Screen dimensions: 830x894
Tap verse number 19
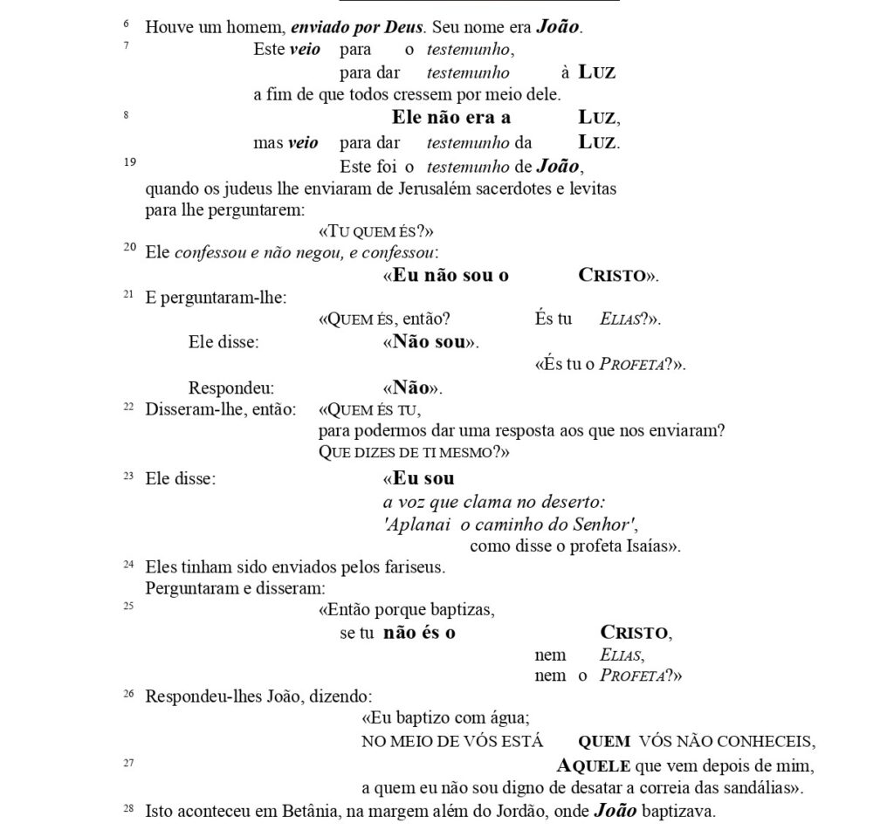[128, 161]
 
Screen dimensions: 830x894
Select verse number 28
[128, 807]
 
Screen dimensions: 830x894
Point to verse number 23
[128, 475]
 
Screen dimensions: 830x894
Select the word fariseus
[413, 567]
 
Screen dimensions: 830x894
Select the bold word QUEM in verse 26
[604, 742]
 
